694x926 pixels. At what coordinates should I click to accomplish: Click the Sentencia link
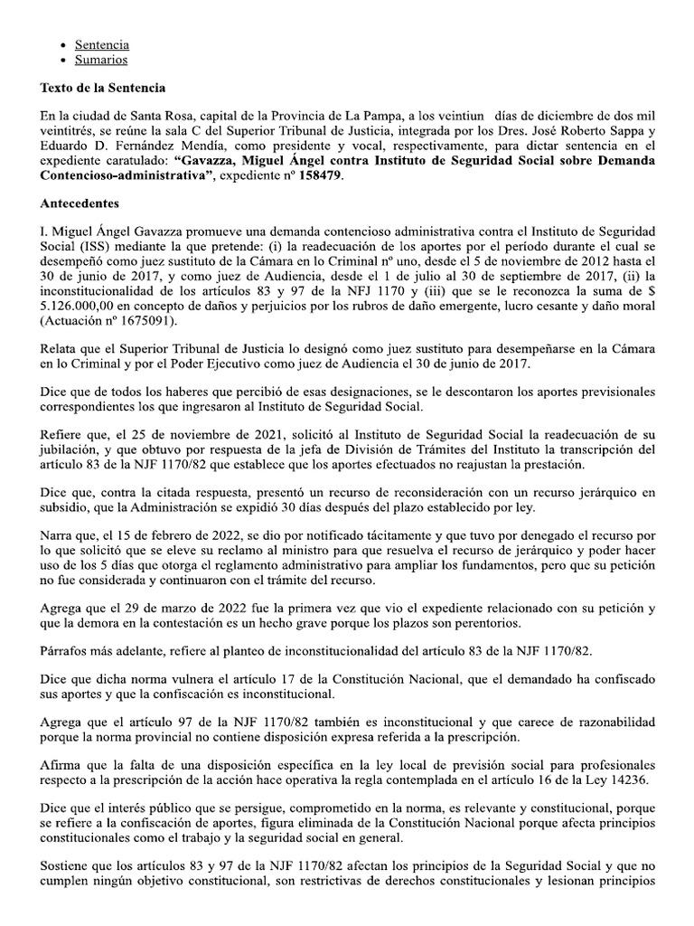pos(101,43)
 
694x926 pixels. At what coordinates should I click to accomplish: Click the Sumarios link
pos(100,60)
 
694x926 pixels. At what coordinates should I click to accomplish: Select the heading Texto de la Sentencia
pos(102,89)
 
